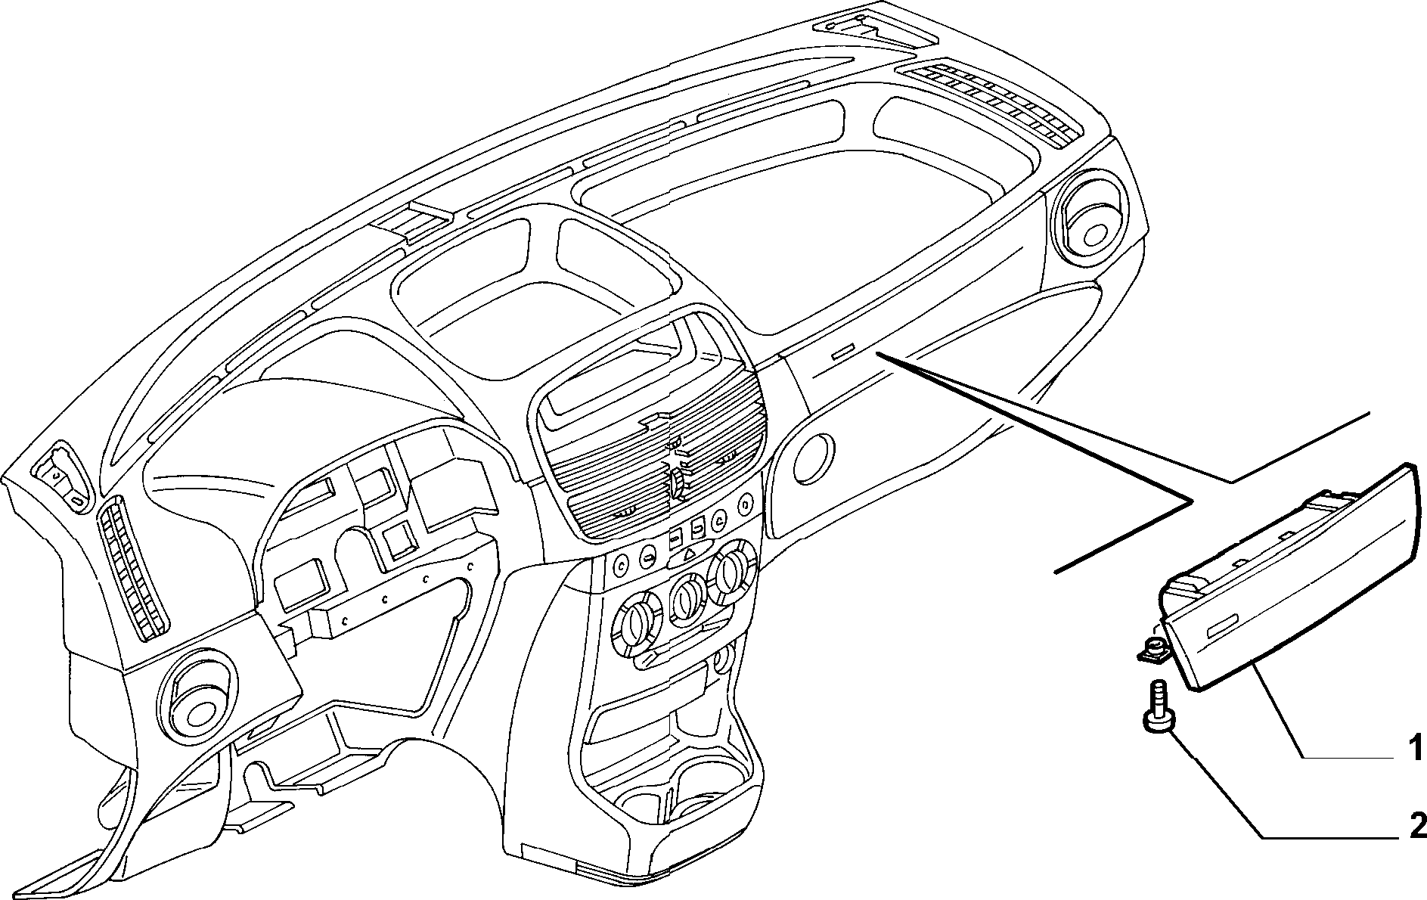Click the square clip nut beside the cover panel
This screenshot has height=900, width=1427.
point(1152,647)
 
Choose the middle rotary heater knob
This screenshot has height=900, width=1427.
point(687,597)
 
